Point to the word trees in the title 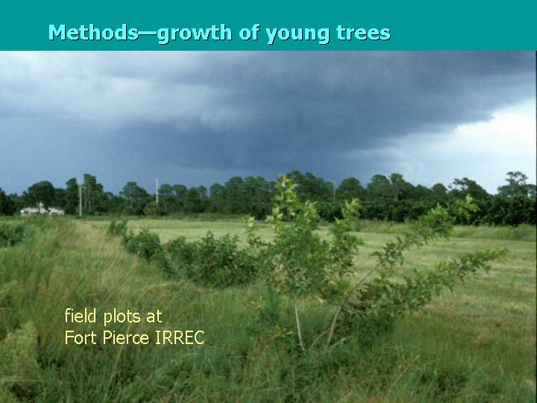(365, 33)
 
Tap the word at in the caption (154, 316)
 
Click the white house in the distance (41, 210)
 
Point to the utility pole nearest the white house (80, 200)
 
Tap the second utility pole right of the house (157, 192)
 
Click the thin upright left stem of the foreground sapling (299, 325)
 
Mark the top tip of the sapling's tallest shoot (283, 178)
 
